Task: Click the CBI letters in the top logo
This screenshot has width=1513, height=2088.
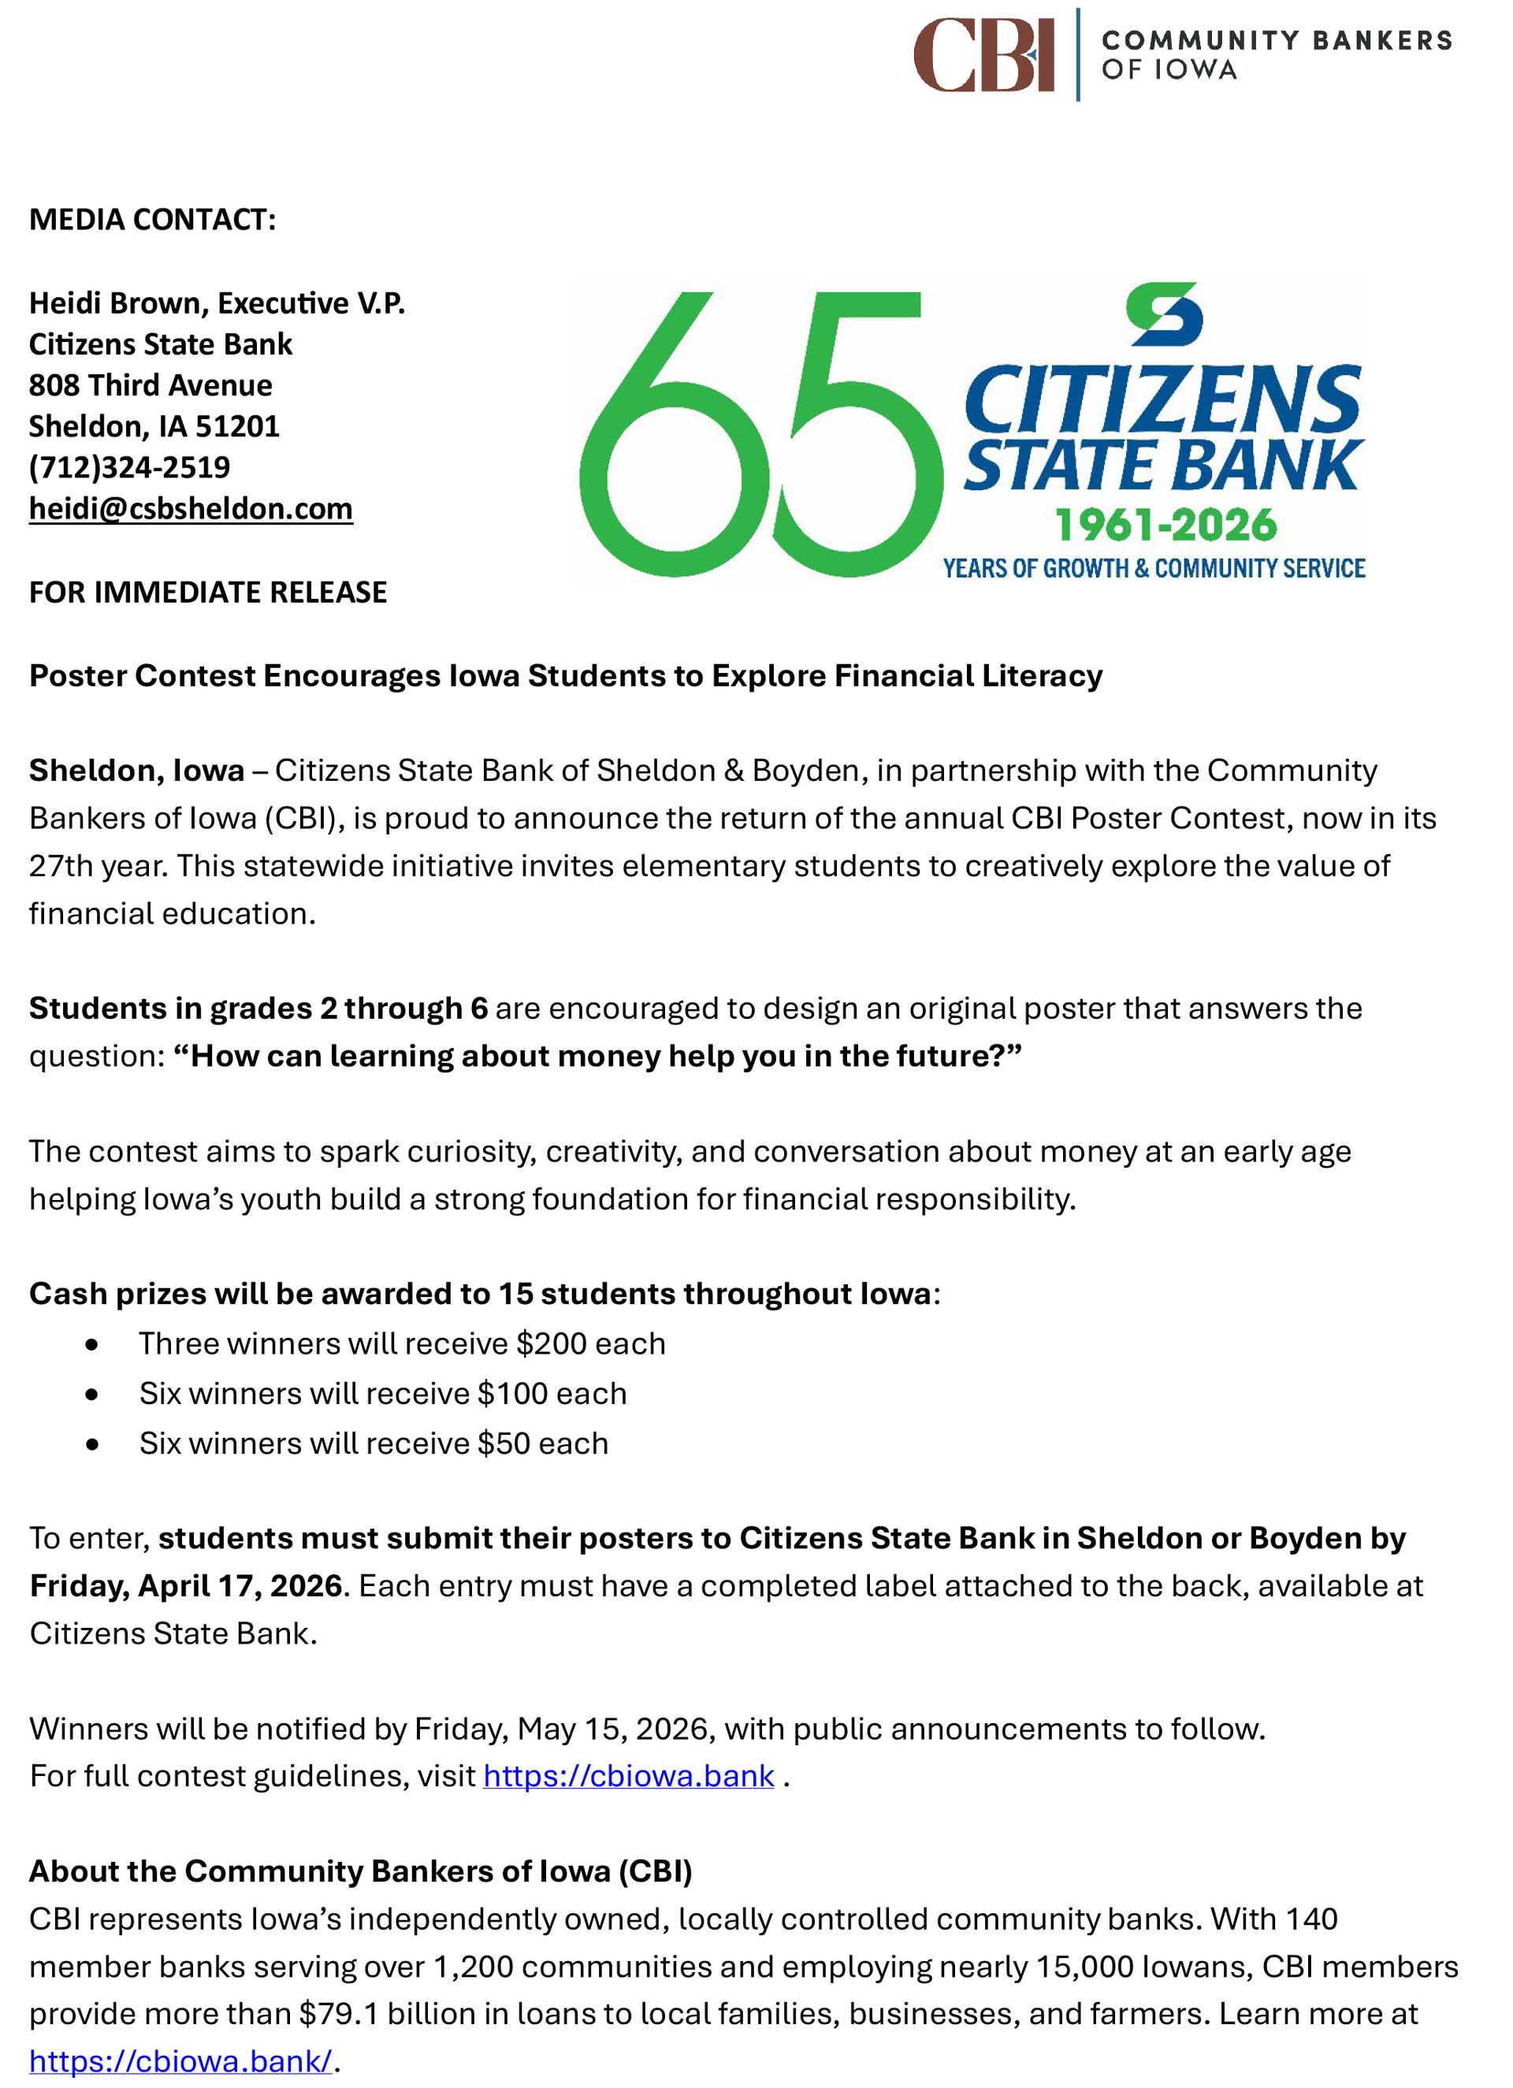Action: click(983, 55)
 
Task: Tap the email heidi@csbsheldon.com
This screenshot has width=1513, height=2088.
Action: click(191, 508)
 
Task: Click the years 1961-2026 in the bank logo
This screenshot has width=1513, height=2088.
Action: click(1165, 526)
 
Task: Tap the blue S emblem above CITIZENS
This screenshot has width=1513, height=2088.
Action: click(1164, 315)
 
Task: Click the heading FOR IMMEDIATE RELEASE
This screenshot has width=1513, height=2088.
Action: click(208, 592)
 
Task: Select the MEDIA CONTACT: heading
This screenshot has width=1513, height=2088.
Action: click(153, 219)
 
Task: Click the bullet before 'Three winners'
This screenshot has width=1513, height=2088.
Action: click(91, 1345)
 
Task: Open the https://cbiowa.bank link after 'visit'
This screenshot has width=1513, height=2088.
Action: click(628, 1775)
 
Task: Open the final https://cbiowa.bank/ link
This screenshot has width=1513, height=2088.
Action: click(180, 2060)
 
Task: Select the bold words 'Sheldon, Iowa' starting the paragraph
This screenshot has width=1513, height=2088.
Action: click(136, 771)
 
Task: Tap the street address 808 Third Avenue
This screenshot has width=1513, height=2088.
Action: click(150, 385)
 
